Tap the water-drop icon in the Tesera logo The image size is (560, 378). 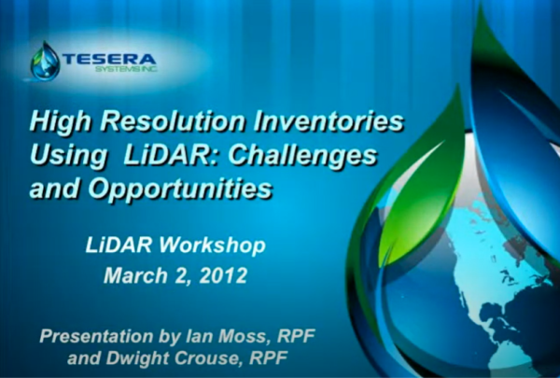coord(44,61)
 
